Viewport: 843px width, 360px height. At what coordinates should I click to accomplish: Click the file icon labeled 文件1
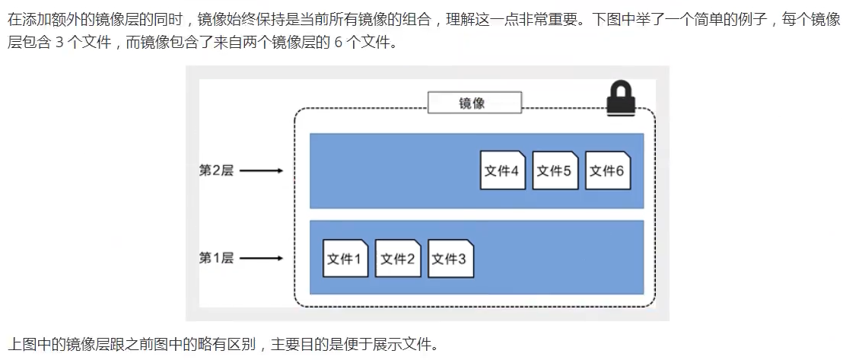345,259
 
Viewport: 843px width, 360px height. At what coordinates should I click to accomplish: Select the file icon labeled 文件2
398,259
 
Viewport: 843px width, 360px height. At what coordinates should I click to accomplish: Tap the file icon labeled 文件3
450,259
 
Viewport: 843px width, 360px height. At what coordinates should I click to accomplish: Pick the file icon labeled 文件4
503,170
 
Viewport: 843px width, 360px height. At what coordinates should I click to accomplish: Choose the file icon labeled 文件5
555,170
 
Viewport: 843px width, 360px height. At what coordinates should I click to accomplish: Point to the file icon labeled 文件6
608,170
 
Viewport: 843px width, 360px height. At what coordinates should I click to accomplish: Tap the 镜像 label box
474,103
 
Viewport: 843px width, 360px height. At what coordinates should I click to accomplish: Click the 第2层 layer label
215,170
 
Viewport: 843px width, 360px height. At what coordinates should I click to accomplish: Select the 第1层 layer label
215,259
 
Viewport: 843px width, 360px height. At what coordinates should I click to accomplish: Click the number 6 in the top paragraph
339,42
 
